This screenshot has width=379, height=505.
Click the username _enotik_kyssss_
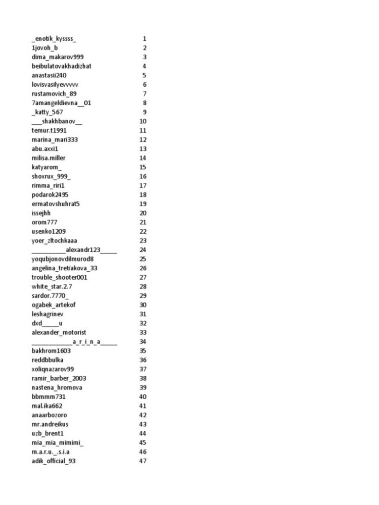[x=54, y=38]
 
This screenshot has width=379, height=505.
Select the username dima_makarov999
[x=58, y=57]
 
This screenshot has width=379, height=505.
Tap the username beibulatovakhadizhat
[x=61, y=66]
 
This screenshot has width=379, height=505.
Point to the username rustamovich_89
[x=54, y=93]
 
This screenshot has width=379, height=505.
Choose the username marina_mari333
[x=55, y=139]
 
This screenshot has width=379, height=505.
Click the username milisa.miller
[x=49, y=158]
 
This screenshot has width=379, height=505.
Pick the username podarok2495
[x=50, y=194]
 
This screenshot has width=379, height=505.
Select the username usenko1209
[x=49, y=231]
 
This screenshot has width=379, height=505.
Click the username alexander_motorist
[x=59, y=332]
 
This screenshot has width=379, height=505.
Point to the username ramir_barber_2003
[x=57, y=378]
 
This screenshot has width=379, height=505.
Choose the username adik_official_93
[x=54, y=461]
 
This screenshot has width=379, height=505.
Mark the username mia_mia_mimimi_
[x=58, y=442]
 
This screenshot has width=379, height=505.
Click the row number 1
[x=145, y=38]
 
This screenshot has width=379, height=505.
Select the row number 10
[x=143, y=121]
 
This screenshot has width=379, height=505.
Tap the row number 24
[x=143, y=249]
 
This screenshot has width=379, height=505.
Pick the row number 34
[x=143, y=341]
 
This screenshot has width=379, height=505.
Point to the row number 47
[x=143, y=461]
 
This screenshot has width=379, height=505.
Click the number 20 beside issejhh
[x=143, y=213]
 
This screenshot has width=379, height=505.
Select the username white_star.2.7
[x=52, y=286]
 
